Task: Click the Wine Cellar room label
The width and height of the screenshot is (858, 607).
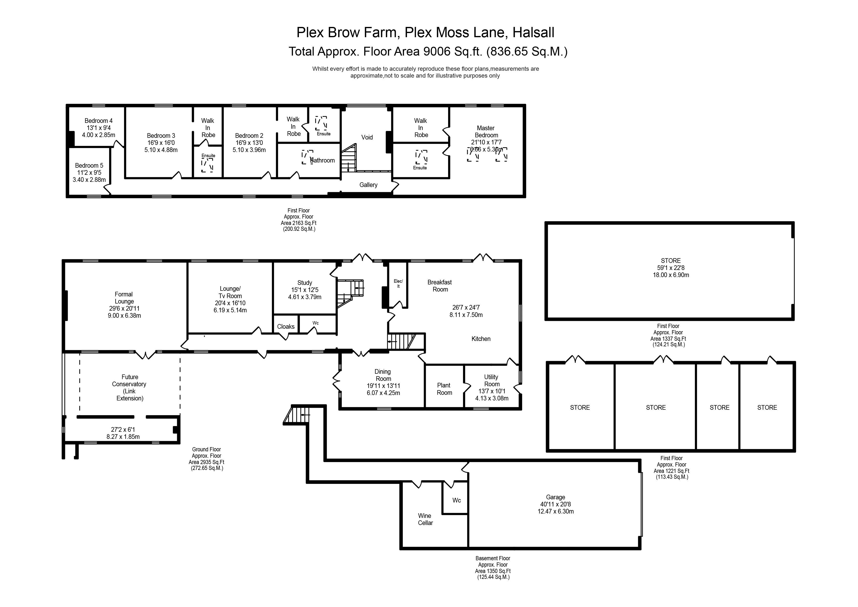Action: (x=425, y=519)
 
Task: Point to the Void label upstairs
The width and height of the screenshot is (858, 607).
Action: (x=367, y=137)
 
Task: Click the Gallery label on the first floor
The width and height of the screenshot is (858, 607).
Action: (x=368, y=185)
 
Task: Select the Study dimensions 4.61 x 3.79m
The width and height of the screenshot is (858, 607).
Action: (x=305, y=297)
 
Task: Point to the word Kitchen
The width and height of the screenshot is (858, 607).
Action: (x=481, y=339)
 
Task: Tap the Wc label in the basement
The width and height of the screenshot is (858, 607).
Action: (x=456, y=501)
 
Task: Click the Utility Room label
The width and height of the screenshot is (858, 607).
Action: (x=491, y=380)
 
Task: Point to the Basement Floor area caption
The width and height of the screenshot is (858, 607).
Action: (x=493, y=558)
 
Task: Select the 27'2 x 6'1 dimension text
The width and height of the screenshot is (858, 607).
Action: (x=123, y=430)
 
